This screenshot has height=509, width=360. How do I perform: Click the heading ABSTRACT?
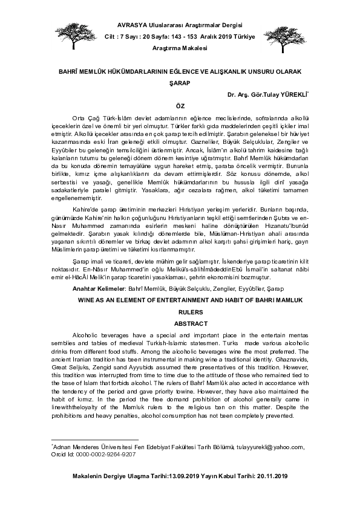(x=179, y=323)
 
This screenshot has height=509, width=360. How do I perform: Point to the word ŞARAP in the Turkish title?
(x=179, y=84)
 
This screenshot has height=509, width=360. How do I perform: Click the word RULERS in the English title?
(x=179, y=313)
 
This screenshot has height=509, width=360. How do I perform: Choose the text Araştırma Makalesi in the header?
(x=180, y=47)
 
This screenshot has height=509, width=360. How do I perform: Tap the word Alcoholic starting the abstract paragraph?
(x=87, y=334)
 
